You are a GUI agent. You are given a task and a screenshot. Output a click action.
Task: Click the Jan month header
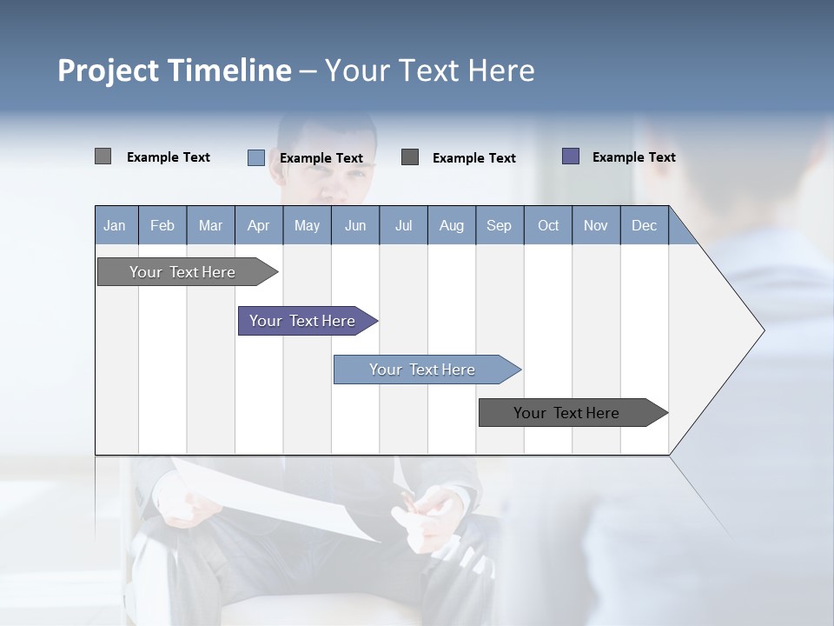tap(116, 225)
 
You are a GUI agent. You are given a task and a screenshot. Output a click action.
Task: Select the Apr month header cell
tap(259, 225)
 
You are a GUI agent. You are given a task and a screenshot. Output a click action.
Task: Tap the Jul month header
tap(403, 225)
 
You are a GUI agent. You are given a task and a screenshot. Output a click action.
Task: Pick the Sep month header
tap(500, 225)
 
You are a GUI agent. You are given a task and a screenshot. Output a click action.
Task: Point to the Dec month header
tap(644, 225)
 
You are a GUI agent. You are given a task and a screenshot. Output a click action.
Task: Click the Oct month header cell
tap(548, 225)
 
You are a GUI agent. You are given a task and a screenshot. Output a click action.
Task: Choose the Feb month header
tap(162, 225)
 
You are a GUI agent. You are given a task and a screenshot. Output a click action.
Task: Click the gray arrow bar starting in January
tap(182, 272)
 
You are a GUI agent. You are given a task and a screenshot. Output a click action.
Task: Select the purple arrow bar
tap(302, 321)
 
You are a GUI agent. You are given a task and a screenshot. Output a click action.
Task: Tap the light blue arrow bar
tap(422, 370)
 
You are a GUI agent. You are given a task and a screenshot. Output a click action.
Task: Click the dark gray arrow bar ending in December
tap(566, 413)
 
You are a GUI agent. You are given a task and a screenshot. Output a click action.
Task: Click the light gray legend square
tap(103, 156)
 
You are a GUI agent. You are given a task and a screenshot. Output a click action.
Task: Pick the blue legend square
tap(255, 157)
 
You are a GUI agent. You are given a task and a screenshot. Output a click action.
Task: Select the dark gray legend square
tap(410, 157)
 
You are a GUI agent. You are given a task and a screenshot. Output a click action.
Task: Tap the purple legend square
tap(571, 156)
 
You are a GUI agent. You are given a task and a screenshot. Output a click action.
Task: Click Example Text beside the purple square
tap(633, 157)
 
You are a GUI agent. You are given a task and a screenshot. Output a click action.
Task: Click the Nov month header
tap(596, 225)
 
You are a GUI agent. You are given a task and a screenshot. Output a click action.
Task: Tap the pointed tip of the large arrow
tap(762, 330)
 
